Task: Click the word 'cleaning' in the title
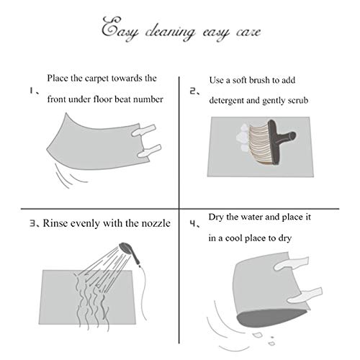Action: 170,32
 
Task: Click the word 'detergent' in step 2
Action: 226,101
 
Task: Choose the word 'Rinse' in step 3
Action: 54,223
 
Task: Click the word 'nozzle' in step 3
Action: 156,223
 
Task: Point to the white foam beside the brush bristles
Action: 242,138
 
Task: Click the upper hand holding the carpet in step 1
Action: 144,130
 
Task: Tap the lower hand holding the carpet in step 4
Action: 305,294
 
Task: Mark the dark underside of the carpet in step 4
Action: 271,318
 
